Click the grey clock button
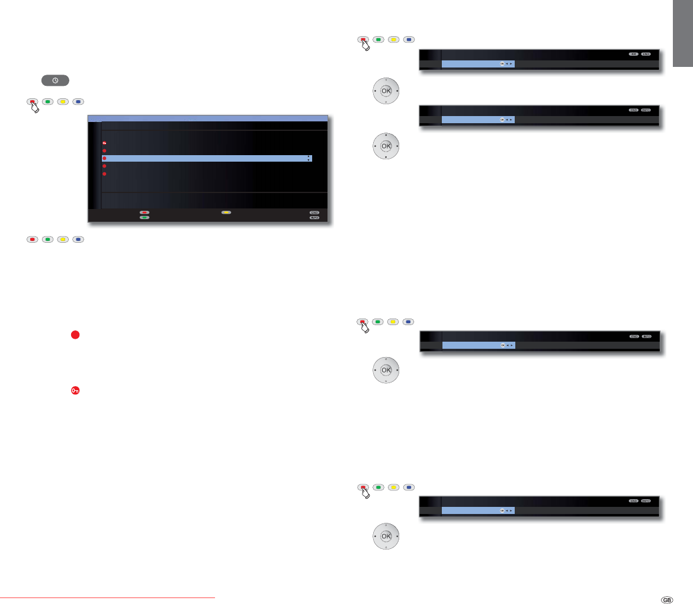pyautogui.click(x=55, y=80)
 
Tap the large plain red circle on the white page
pyautogui.click(x=75, y=335)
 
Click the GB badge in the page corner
pyautogui.click(x=666, y=599)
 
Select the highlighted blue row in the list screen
pyautogui.click(x=207, y=159)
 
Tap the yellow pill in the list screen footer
pyautogui.click(x=226, y=211)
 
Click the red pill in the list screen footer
pyautogui.click(x=144, y=211)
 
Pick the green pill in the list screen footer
pyautogui.click(x=144, y=218)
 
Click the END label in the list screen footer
pyautogui.click(x=314, y=211)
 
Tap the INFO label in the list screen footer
pyautogui.click(x=314, y=218)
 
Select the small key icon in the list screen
pyautogui.click(x=104, y=143)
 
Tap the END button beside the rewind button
pyautogui.click(x=646, y=54)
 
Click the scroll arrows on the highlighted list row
pyautogui.click(x=309, y=159)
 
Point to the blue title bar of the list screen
pyautogui.click(x=207, y=118)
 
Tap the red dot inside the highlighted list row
pyautogui.click(x=104, y=159)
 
